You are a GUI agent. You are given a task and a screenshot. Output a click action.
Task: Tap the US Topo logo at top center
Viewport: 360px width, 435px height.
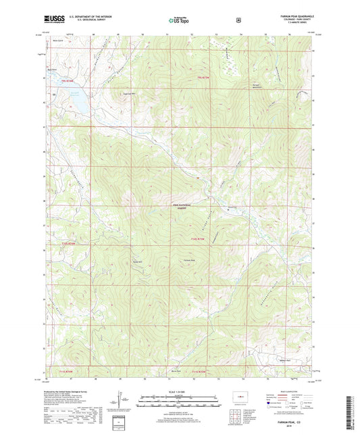pos(180,20)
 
